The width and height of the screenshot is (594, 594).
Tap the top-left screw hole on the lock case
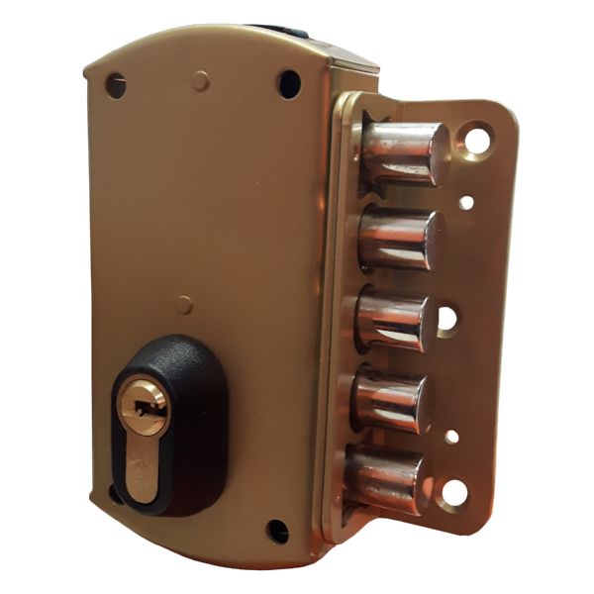coord(116,85)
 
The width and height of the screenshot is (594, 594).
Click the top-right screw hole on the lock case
coord(289,82)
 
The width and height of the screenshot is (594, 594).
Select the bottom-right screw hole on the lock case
coord(278,531)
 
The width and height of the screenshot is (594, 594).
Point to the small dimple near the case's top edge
coord(201,79)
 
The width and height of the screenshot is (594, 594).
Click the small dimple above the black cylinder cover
coord(184,304)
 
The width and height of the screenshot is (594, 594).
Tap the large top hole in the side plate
coord(478,140)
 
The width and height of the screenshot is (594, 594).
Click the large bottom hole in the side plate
coord(454,491)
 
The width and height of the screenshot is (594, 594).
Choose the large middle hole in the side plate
coord(446,319)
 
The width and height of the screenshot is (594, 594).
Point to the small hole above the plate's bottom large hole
coord(451,436)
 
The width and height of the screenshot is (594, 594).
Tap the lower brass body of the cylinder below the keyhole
coord(145,465)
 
